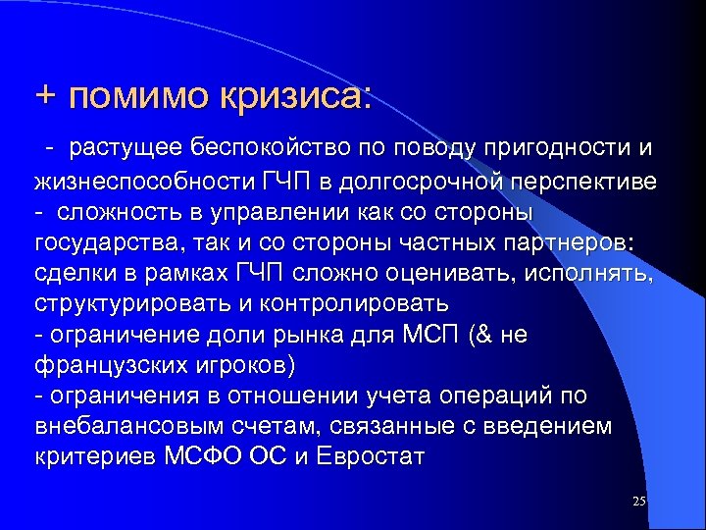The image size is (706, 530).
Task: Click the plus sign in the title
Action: click(46, 96)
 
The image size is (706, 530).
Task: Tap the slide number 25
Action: click(638, 502)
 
